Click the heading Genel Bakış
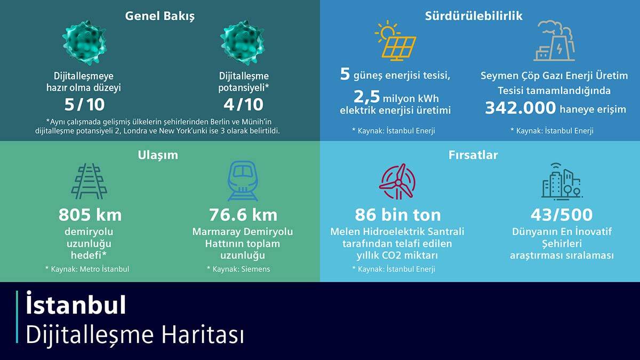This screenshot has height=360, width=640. point(159,16)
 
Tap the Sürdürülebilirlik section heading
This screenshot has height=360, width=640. point(474,16)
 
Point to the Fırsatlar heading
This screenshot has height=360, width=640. point(473,155)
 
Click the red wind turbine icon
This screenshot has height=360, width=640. point(397,181)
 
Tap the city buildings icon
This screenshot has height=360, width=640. point(561,182)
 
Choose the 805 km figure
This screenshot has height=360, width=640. point(90,215)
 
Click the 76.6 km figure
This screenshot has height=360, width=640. point(243,215)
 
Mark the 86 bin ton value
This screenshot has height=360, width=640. point(398,215)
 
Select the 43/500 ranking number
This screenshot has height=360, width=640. point(562,215)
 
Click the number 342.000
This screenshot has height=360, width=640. point(521,108)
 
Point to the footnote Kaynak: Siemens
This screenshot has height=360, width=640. point(238,269)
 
